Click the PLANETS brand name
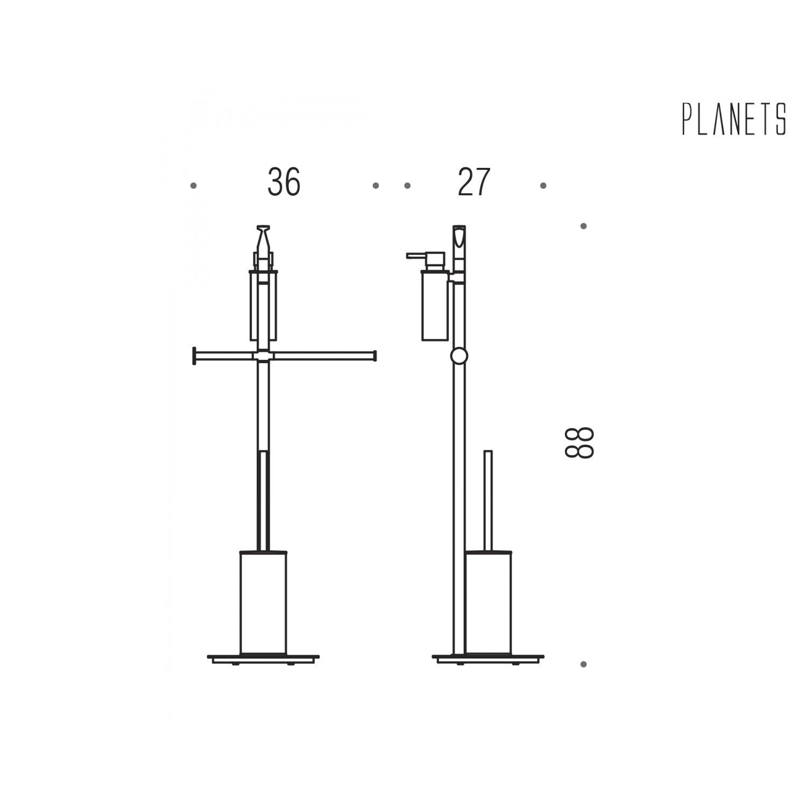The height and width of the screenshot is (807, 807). pos(734,119)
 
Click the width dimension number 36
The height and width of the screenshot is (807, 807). pos(284,182)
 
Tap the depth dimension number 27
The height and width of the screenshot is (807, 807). pos(474,182)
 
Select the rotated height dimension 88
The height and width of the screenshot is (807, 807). pos(579,443)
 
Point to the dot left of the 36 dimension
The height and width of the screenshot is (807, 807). pos(194,186)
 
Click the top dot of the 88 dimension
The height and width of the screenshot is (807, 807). pos(583,226)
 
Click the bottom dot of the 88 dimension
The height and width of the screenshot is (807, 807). pos(583,664)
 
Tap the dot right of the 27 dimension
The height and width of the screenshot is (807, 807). pos(543,186)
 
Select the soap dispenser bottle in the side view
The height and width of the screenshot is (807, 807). pos(435,306)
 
